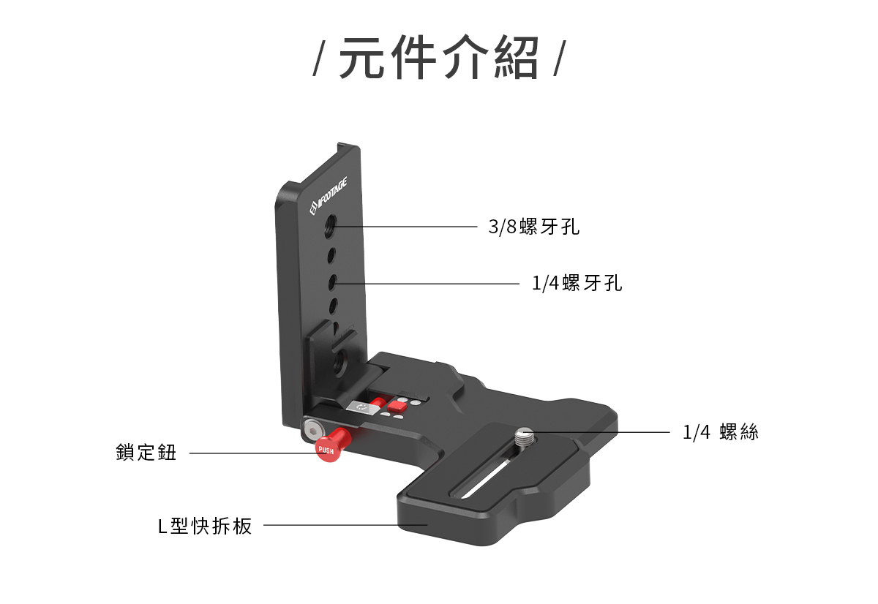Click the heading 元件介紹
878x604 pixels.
pyautogui.click(x=438, y=57)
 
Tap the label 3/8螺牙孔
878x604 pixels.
pyautogui.click(x=534, y=227)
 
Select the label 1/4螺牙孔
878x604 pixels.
pyautogui.click(x=577, y=283)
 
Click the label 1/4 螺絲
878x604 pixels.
pyautogui.click(x=721, y=432)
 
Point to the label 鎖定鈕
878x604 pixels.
pyautogui.click(x=146, y=453)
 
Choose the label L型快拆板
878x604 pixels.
pyautogui.click(x=205, y=526)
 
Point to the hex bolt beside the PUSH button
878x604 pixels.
pyautogui.click(x=312, y=432)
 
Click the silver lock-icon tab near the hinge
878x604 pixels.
pyautogui.click(x=362, y=407)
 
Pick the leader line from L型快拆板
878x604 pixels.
pyautogui.click(x=345, y=525)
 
